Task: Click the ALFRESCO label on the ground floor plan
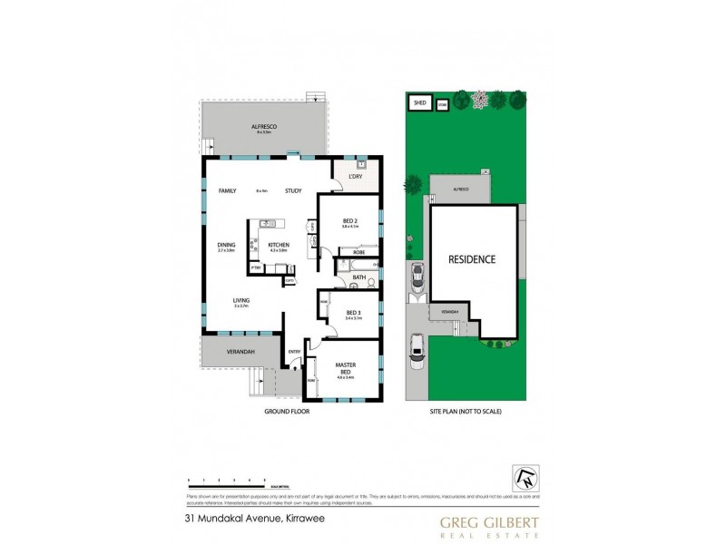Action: click(264, 127)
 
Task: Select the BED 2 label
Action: click(350, 220)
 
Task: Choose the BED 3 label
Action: click(353, 313)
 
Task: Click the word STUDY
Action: click(292, 190)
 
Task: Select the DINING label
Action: click(226, 245)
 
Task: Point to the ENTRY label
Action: click(294, 352)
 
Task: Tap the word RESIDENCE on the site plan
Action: click(472, 259)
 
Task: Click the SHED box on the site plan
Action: click(419, 103)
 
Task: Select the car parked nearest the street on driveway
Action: click(417, 349)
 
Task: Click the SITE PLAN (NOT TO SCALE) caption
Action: click(465, 411)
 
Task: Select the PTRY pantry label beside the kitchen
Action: click(257, 267)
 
